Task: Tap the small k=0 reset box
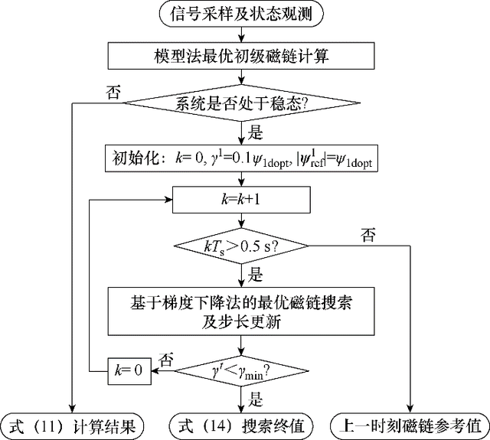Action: (x=128, y=373)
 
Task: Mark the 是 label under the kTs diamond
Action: (x=256, y=272)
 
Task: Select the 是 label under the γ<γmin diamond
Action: (x=256, y=399)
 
